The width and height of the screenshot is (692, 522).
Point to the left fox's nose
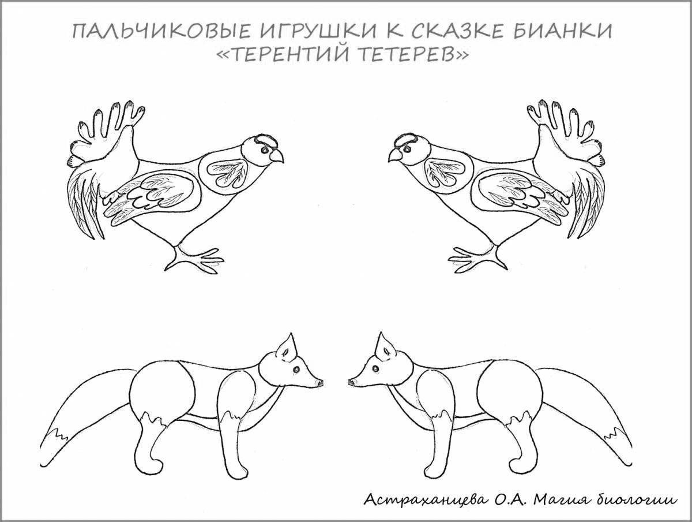coord(320,382)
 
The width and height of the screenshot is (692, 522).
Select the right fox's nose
coord(352,382)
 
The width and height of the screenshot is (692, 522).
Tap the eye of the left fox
coord(296,369)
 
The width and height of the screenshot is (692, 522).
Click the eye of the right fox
coord(376,368)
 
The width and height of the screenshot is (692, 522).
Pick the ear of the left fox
coord(287,347)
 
